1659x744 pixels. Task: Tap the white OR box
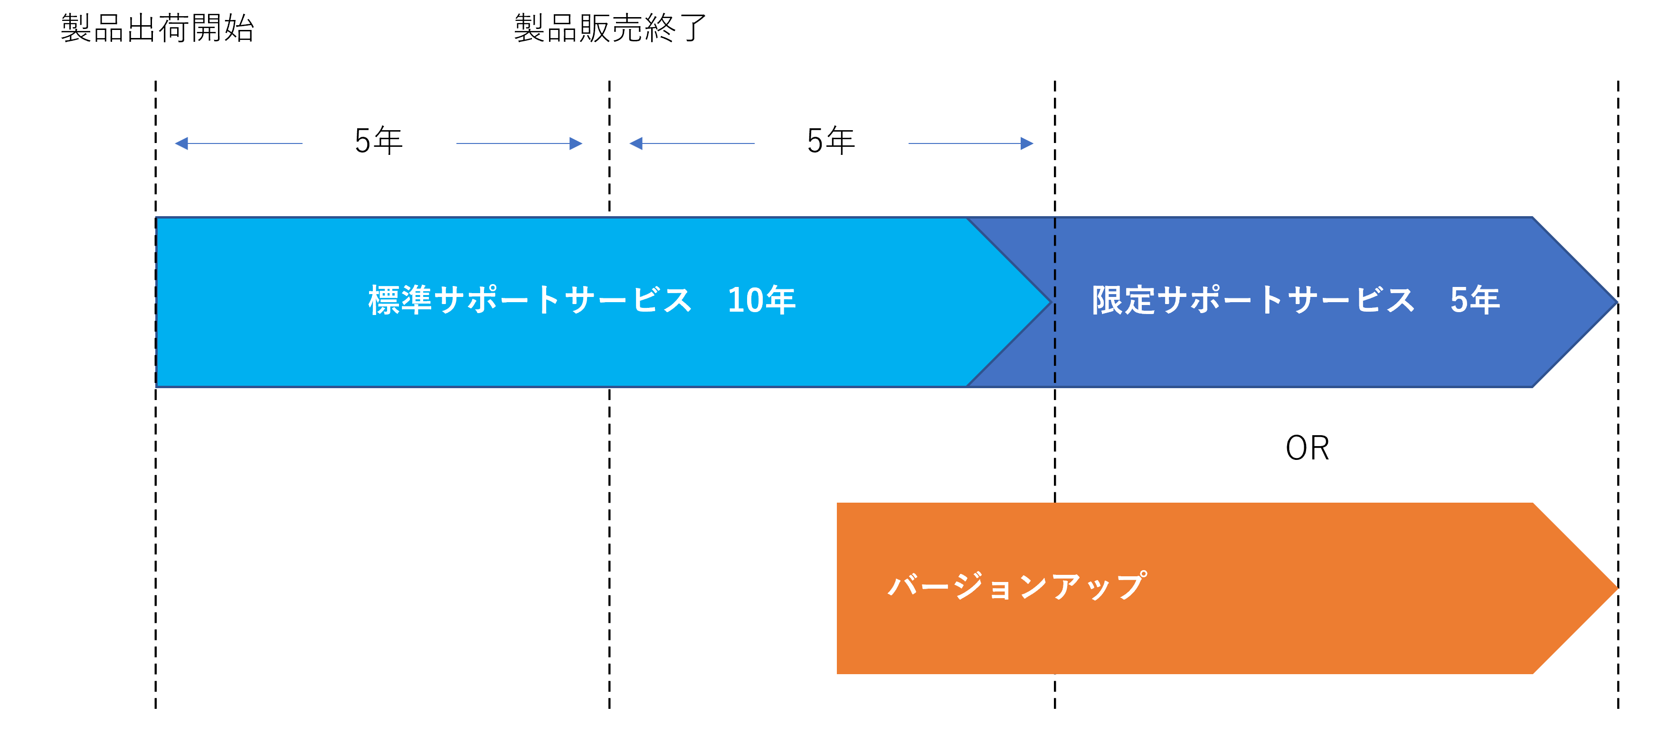coord(1308,449)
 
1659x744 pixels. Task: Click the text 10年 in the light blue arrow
coord(761,300)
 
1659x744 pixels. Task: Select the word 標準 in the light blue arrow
coord(400,300)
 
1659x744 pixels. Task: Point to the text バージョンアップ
coord(1016,586)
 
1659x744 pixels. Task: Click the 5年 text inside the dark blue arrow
coord(1475,300)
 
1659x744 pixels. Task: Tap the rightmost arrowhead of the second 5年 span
coord(1027,143)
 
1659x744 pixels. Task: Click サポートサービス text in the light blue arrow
coord(563,300)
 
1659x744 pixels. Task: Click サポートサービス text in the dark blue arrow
coord(1287,300)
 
